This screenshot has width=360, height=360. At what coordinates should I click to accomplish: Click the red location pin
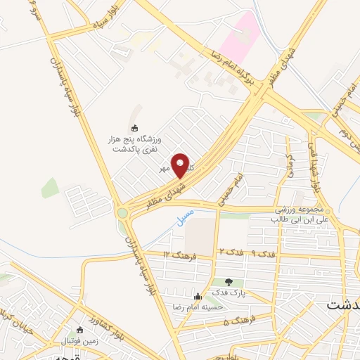[181, 165]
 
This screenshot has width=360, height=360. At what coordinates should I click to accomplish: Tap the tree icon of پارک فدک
[229, 282]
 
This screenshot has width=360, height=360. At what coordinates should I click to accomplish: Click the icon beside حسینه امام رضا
[198, 296]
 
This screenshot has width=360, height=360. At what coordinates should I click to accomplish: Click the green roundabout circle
[124, 212]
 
